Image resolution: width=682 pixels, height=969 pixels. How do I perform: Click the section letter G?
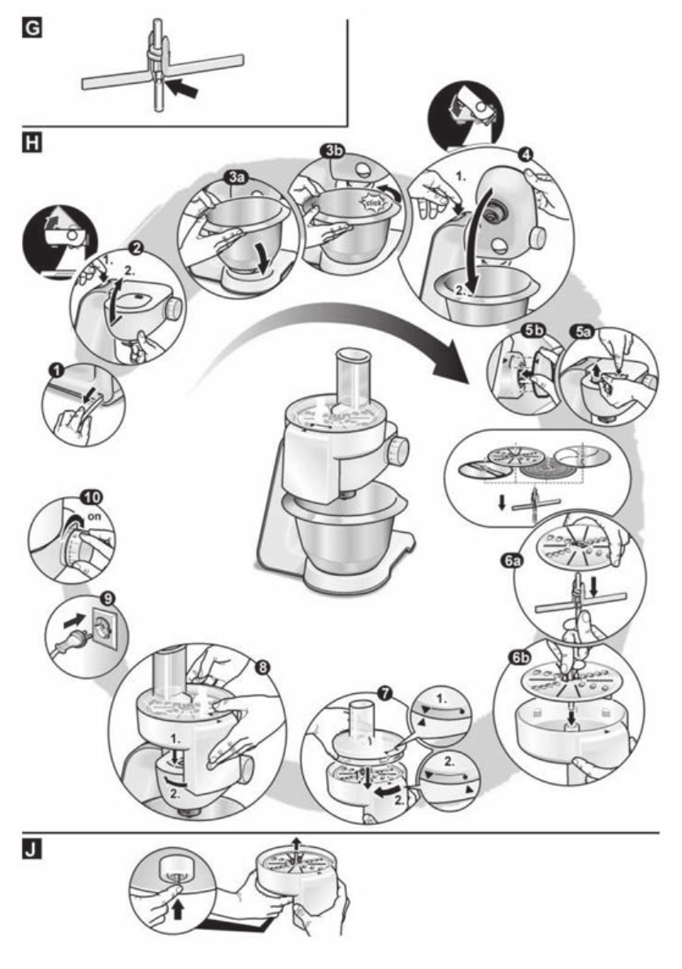(34, 31)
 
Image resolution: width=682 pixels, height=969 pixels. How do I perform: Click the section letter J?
(34, 852)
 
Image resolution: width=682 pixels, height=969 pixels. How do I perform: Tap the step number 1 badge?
(56, 369)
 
